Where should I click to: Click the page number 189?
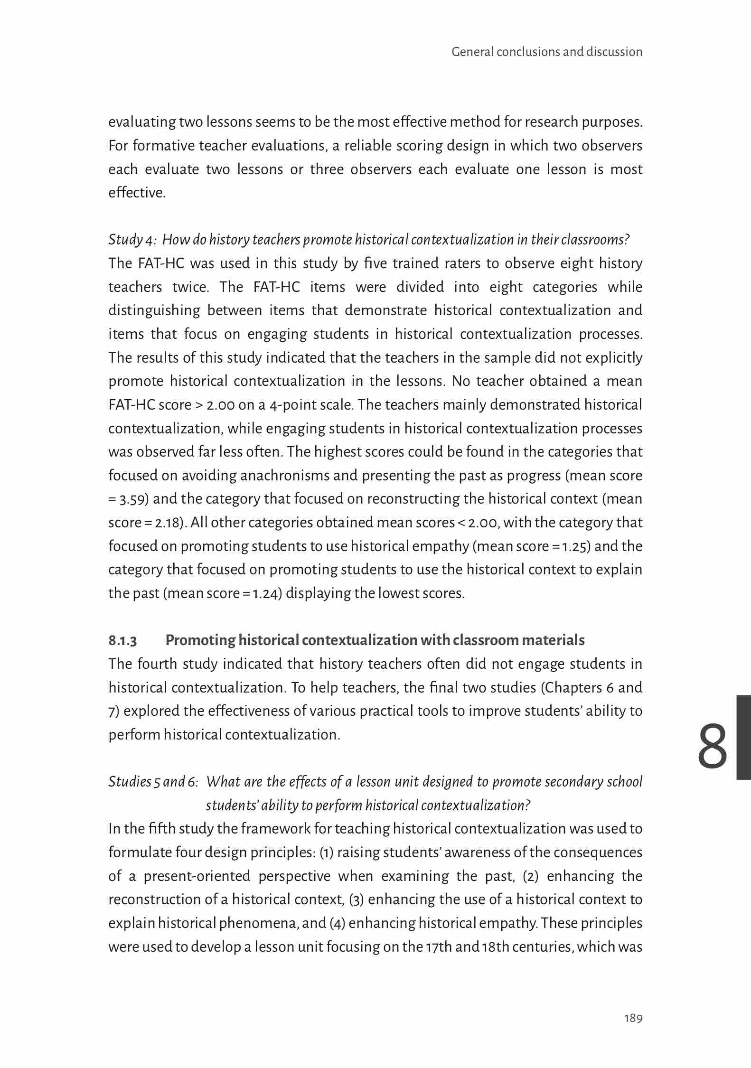click(633, 1018)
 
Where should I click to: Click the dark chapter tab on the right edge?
click(743, 737)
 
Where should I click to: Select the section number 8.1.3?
click(122, 641)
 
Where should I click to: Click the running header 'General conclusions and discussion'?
click(547, 52)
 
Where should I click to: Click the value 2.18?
click(167, 523)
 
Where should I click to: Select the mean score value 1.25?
click(575, 546)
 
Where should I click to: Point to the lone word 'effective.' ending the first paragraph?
click(137, 193)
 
